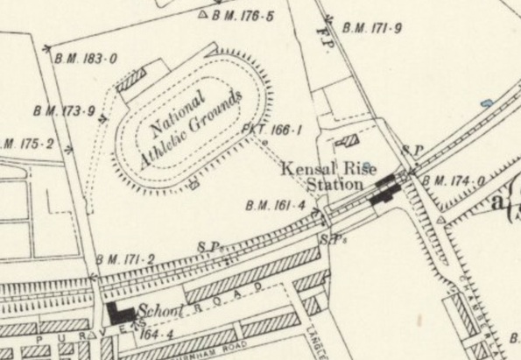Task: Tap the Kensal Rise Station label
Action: (321, 176)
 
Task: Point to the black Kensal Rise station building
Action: (384, 188)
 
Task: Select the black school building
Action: (121, 312)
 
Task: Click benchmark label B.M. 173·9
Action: (63, 110)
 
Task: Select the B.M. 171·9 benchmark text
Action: (372, 29)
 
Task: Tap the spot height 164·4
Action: (152, 333)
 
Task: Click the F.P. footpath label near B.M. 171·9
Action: (319, 38)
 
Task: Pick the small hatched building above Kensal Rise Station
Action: (349, 141)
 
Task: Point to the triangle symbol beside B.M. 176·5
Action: (203, 15)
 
